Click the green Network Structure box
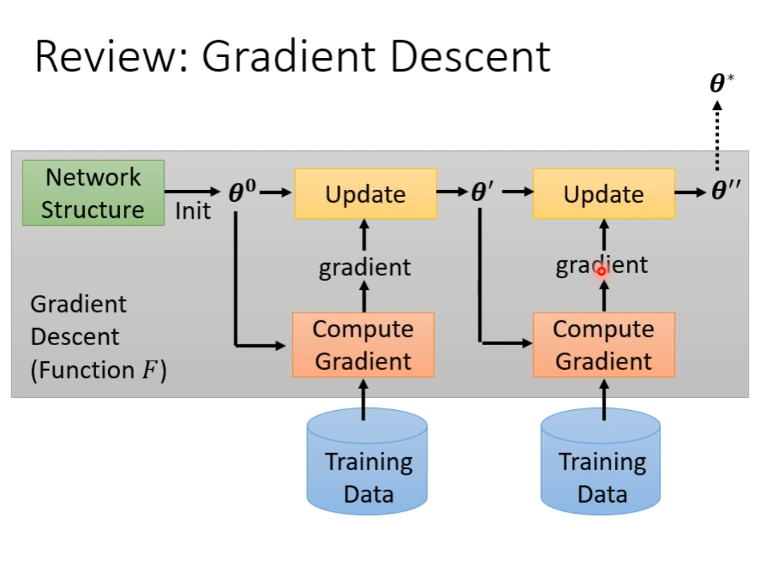pos(93,193)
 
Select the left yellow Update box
pos(366,193)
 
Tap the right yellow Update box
pos(604,193)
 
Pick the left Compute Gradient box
pos(363,345)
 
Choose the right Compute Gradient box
pos(604,345)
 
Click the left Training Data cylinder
pos(367,462)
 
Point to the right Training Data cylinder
pos(600,462)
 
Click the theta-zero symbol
pos(242,191)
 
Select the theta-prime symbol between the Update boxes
pos(482,191)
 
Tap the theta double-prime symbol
pos(726,190)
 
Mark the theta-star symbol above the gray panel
pos(722,83)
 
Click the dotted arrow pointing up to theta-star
pos(717,136)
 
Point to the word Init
pos(193,211)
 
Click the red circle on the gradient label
pos(602,271)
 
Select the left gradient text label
pos(364,268)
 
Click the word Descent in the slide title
pos(470,57)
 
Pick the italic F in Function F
pos(150,370)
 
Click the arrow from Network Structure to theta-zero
pos(192,192)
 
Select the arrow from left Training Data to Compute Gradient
pos(363,399)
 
